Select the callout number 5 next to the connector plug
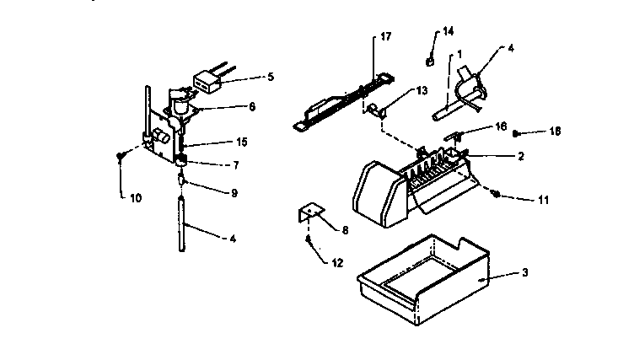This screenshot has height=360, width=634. coord(270,77)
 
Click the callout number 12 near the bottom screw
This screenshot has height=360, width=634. coord(336,263)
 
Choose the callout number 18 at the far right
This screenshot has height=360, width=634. coord(555,132)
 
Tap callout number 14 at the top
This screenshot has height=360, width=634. coord(448,32)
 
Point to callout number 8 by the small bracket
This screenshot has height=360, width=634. coord(344,228)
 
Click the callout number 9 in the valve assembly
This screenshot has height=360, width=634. coord(234,192)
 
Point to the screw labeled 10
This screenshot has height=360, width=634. coord(121,153)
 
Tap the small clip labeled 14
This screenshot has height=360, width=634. coord(429,60)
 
